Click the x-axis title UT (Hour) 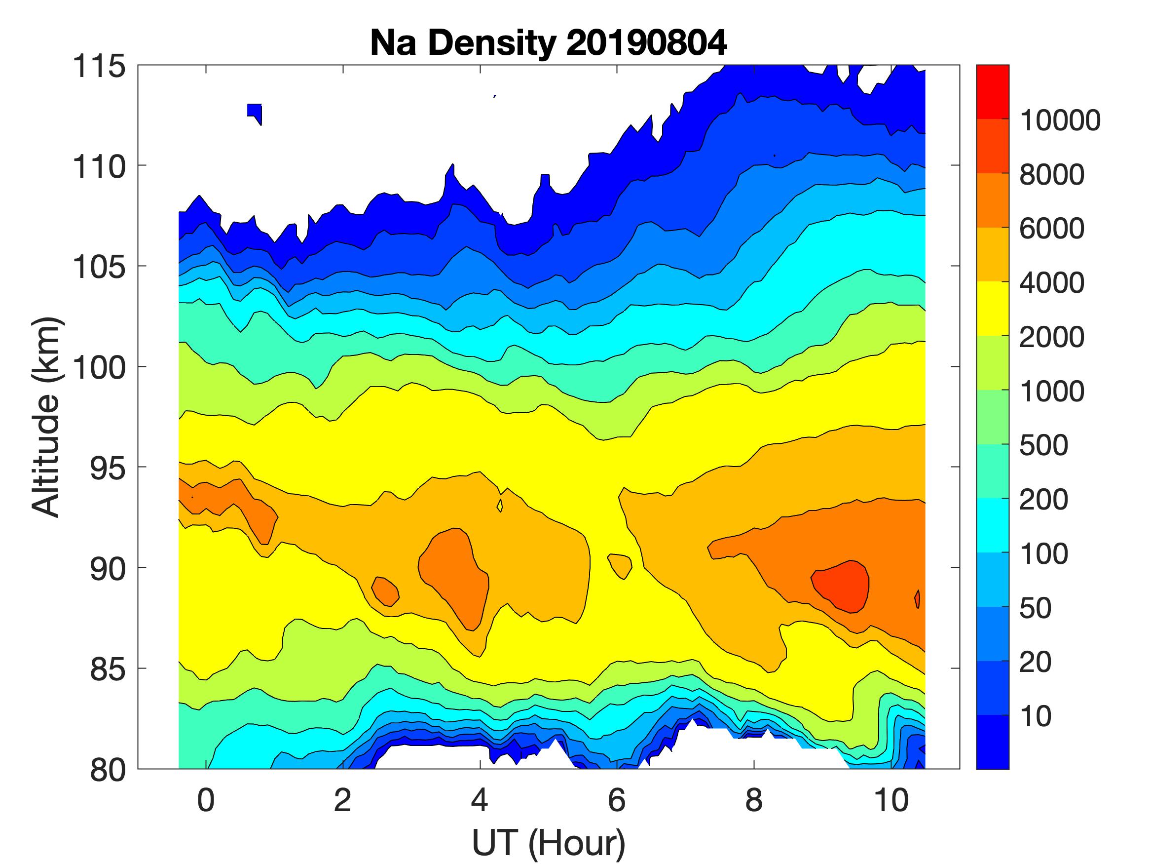point(548,843)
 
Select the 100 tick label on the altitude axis point(99,368)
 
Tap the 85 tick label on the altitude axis point(108,669)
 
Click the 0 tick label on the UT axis point(206,800)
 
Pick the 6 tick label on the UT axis point(617,800)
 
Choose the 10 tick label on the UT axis point(891,800)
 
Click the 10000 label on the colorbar point(1060,121)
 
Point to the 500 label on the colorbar point(1043,446)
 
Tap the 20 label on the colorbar point(1035,663)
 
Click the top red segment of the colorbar point(992,92)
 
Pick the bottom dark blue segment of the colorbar point(992,742)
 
